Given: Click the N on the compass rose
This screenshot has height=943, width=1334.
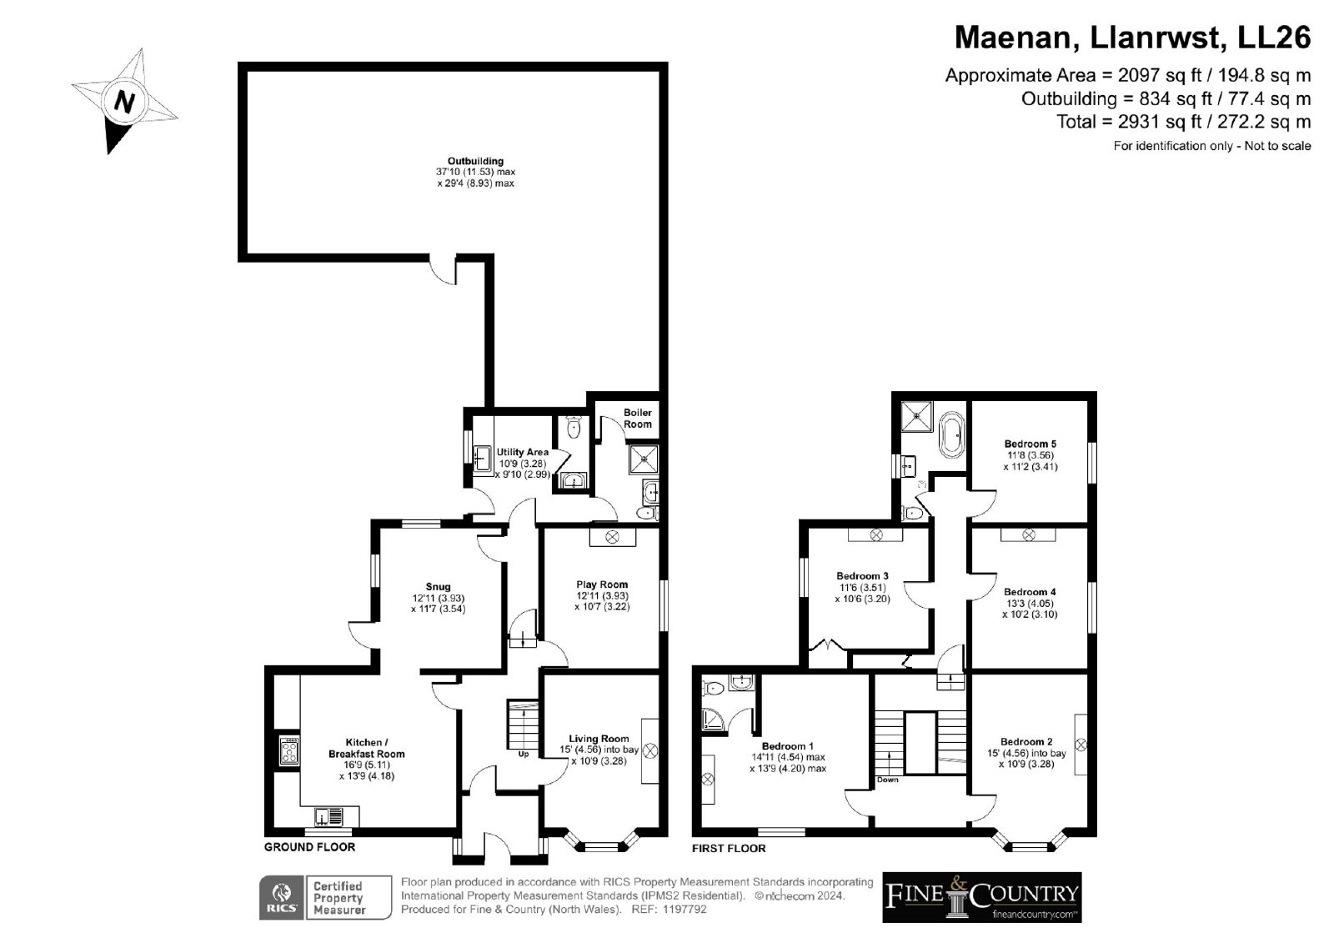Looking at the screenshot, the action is pos(124,102).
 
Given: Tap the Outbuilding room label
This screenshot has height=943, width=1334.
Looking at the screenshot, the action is pos(475,161).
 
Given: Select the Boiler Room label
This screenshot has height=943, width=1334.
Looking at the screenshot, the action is pos(637,419).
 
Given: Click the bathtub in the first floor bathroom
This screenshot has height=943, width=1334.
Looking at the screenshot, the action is pos(951,434).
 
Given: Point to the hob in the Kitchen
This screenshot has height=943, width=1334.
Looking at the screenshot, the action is pos(289,750).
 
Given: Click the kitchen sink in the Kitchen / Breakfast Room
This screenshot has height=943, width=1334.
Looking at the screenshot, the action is pos(328,815).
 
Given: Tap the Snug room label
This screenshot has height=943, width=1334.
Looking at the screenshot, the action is pos(438,587).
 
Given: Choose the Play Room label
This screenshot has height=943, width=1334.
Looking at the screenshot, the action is pos(601,584).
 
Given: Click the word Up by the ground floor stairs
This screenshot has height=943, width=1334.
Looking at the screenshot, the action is pos(524,755).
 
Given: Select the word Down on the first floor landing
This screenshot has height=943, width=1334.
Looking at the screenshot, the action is pos(887,780).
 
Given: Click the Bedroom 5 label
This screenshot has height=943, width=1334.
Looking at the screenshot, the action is pos(1031,444).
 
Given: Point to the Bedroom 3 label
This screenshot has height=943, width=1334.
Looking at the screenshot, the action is pos(862,576).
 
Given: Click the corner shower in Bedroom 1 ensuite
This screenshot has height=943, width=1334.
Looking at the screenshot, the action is pos(712,719).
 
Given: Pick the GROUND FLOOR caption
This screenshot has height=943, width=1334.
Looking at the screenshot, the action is pos(309,847).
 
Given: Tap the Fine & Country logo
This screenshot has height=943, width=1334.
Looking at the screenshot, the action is pos(982,898).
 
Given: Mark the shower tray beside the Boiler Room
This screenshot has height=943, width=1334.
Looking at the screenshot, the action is pos(643,459).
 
